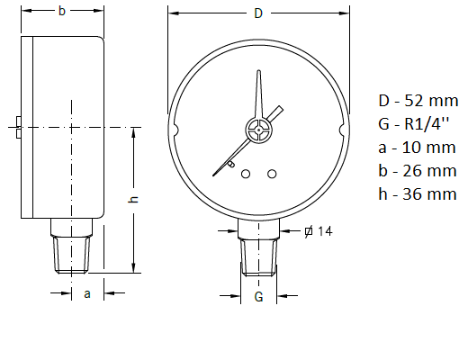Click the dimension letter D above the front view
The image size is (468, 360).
tap(258, 13)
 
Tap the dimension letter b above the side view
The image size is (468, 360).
tap(61, 12)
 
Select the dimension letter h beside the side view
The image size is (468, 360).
tap(133, 199)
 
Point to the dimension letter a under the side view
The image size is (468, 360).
tap(86, 293)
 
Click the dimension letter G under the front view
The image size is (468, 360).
tap(258, 296)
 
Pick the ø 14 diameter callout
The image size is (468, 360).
tap(319, 232)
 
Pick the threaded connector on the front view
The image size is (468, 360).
tap(258, 254)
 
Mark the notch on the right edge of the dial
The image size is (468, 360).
tap(341, 130)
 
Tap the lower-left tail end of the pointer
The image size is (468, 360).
tap(216, 174)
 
